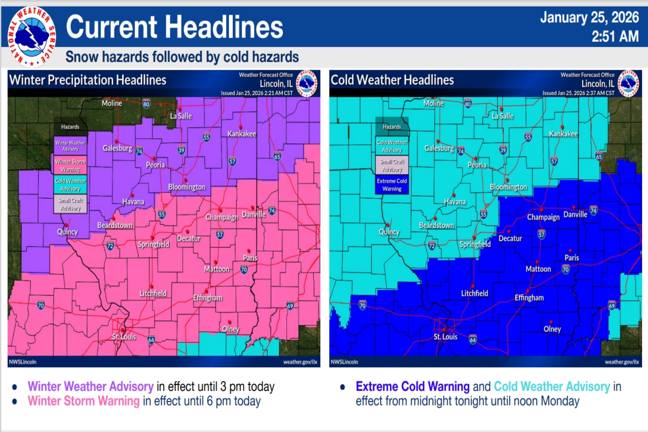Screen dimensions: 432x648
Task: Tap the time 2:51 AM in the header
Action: (616, 37)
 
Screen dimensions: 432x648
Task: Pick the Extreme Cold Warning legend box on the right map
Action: (392, 185)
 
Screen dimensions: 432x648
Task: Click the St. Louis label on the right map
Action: (446, 337)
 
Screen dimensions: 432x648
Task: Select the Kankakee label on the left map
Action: (241, 134)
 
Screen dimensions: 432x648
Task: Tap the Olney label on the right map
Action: (552, 329)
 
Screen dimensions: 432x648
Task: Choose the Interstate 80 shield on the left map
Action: (146, 103)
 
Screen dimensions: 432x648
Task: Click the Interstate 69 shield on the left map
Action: (290, 306)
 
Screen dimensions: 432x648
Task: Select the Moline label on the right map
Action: (434, 103)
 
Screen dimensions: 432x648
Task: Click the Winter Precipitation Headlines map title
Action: (88, 80)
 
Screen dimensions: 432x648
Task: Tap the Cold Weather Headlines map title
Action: (392, 80)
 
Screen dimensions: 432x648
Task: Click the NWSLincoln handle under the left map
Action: (23, 361)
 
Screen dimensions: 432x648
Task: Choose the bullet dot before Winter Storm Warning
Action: (15, 401)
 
